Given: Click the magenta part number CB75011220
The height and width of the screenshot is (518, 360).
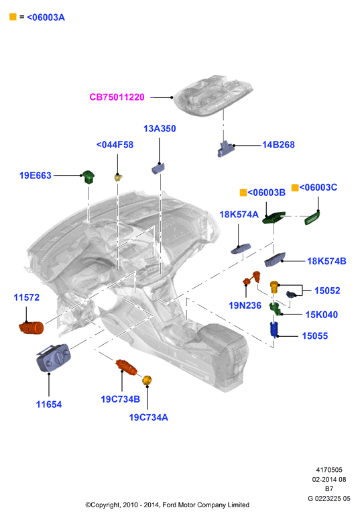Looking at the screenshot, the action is [x=117, y=97].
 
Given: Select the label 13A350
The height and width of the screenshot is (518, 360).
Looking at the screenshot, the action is [x=160, y=129].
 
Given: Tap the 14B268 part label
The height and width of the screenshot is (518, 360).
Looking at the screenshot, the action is [x=278, y=145].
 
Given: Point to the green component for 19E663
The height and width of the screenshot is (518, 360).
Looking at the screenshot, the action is [x=88, y=177].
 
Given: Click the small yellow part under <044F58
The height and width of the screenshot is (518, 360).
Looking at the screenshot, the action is [x=118, y=177].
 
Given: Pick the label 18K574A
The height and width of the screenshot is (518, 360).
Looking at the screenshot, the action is [x=239, y=215].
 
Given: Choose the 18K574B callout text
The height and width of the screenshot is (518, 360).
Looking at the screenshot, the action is [x=326, y=261].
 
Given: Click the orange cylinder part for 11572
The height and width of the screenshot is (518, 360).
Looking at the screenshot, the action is [x=32, y=327].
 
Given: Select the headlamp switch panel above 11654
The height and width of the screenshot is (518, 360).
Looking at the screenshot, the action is [x=53, y=358].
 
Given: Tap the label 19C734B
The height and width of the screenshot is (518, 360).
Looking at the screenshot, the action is [x=121, y=399].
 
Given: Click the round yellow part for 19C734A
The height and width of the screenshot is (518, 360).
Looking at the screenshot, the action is [x=147, y=380].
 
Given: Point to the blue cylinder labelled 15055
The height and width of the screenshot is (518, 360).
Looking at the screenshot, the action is [x=274, y=329].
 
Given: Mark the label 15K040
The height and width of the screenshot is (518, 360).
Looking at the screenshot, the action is [x=322, y=315].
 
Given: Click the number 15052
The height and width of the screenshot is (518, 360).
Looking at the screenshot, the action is [x=327, y=291].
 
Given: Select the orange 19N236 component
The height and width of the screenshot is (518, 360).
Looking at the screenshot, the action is [x=252, y=278].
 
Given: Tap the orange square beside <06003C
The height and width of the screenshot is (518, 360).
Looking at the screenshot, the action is [x=295, y=188].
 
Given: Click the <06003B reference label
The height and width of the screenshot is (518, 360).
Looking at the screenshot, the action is [x=266, y=193].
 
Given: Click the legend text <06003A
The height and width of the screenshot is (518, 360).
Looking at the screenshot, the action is [x=46, y=17].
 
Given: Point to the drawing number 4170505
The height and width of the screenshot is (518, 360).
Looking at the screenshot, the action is [x=329, y=470].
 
